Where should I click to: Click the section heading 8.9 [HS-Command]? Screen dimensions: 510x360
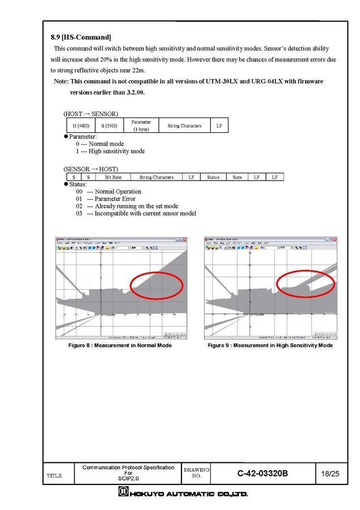(x=81, y=37)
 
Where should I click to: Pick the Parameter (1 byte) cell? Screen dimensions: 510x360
(x=141, y=126)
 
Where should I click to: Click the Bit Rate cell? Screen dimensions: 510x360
(x=113, y=177)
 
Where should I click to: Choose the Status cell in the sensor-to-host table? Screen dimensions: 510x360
(x=213, y=177)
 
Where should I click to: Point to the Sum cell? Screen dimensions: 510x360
(x=237, y=177)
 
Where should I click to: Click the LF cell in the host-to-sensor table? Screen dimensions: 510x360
(x=219, y=126)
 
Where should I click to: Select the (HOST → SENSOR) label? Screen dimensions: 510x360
(x=91, y=114)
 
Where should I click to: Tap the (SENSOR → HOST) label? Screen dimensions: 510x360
(x=91, y=169)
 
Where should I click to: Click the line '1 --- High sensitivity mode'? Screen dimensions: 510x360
(x=110, y=152)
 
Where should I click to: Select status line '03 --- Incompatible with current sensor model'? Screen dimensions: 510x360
(x=136, y=214)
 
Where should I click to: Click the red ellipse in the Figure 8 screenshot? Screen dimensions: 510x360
(x=157, y=285)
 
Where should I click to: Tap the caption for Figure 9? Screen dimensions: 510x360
(x=270, y=345)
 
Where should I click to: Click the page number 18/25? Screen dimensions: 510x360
(x=330, y=474)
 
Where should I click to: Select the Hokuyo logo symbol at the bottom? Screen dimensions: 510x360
(x=123, y=493)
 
